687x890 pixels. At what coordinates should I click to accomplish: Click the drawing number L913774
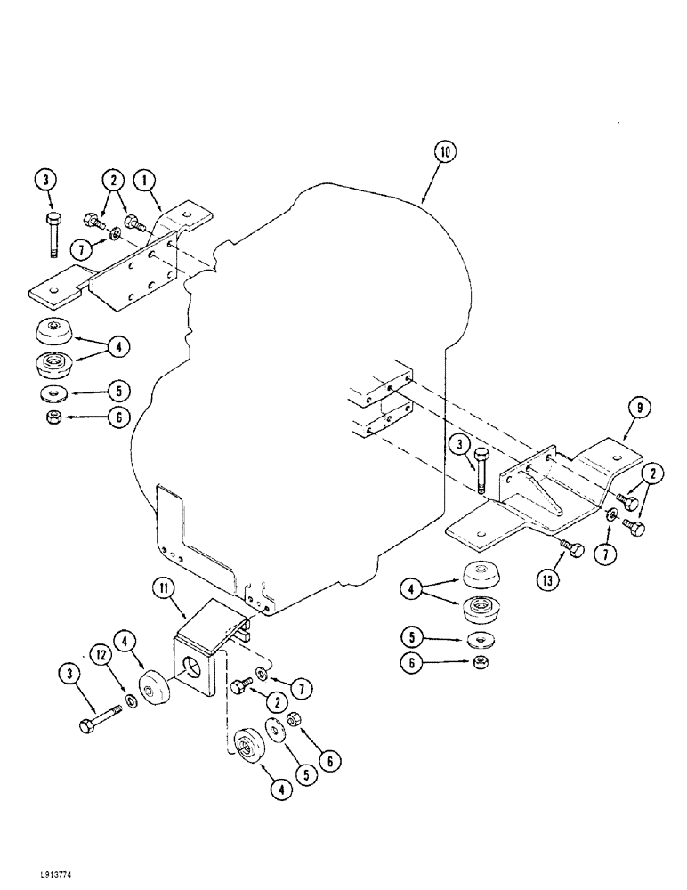pyautogui.click(x=31, y=877)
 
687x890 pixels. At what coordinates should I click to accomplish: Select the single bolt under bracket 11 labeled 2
pyautogui.click(x=240, y=686)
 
